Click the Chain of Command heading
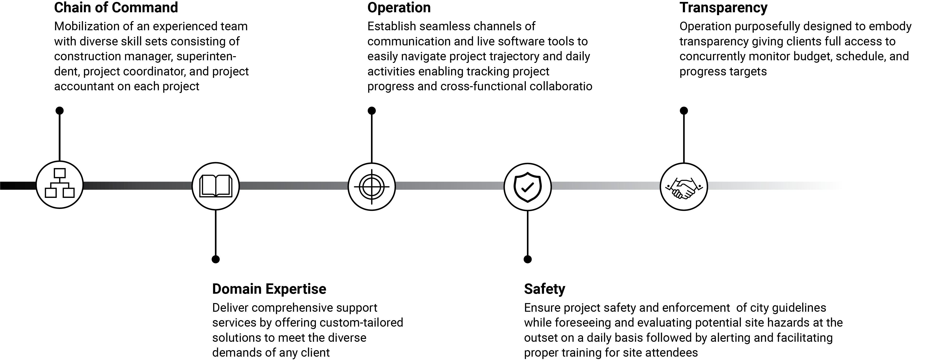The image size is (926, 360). [116, 7]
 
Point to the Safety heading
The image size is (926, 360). [545, 289]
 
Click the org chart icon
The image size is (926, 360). [60, 183]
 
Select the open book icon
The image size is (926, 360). [216, 186]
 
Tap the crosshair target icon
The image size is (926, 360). [372, 186]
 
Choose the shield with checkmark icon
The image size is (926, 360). [527, 187]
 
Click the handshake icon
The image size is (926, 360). [684, 188]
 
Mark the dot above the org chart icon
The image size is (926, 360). [60, 111]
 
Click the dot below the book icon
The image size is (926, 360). [216, 259]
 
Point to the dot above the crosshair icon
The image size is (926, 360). [372, 111]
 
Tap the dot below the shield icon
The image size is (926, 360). [528, 259]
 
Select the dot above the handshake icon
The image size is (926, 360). [684, 111]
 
